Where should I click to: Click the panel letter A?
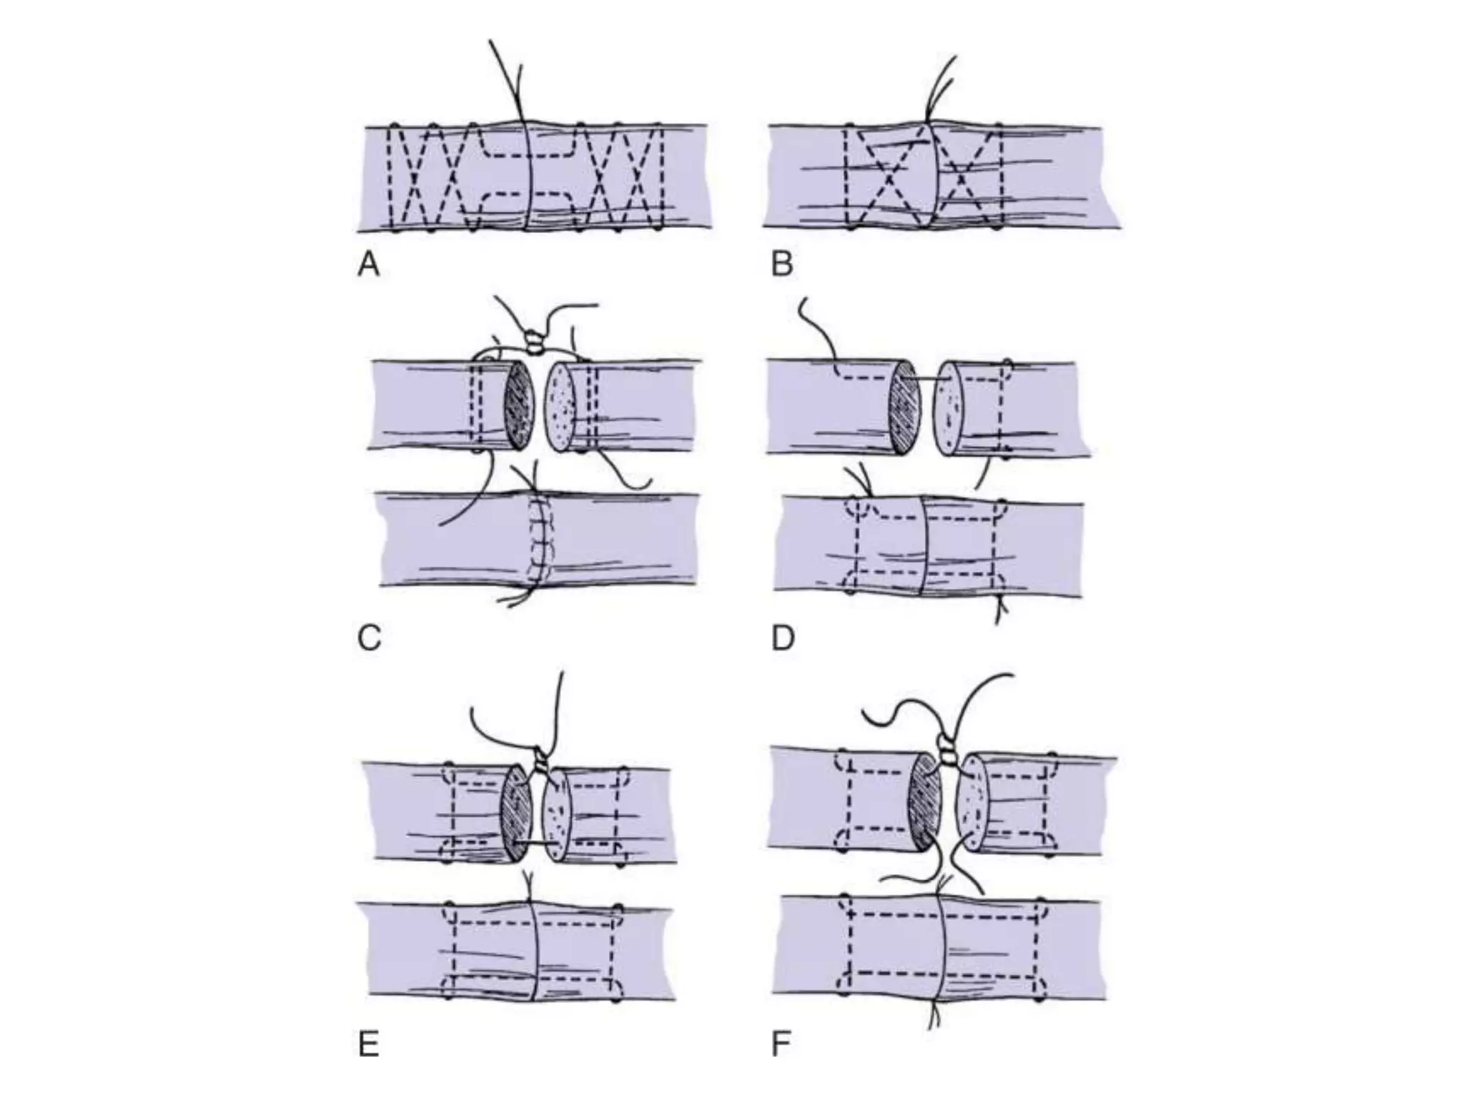click(368, 265)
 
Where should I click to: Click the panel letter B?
click(782, 264)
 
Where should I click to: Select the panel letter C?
click(369, 638)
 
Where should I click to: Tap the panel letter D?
click(783, 638)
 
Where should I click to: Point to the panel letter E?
click(368, 1045)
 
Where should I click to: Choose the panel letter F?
click(781, 1045)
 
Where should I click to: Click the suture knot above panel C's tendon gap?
click(534, 342)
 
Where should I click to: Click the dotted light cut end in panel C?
click(560, 407)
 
